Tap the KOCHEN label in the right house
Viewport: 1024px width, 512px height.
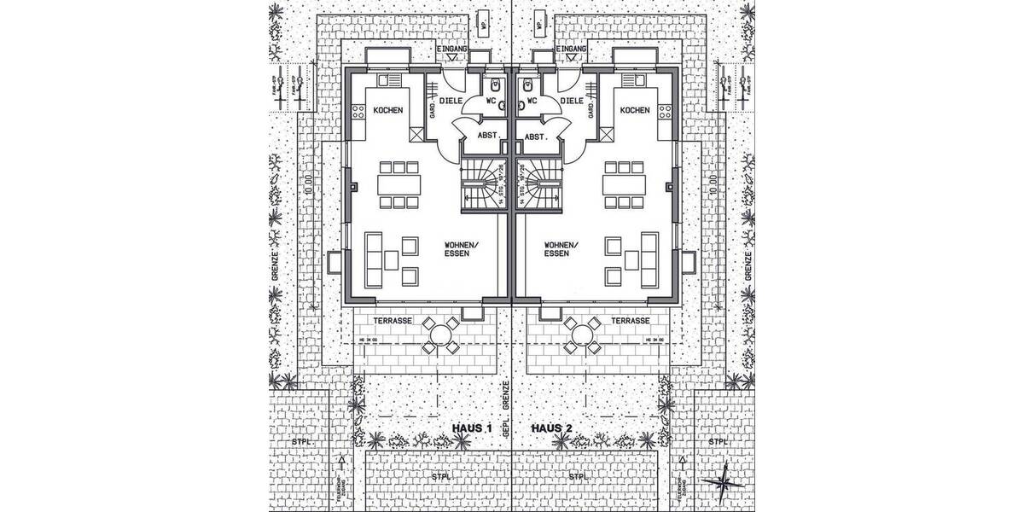click(634, 110)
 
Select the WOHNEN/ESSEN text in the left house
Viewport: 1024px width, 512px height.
click(462, 249)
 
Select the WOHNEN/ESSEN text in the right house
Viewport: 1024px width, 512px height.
click(560, 249)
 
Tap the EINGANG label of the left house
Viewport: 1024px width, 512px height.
click(451, 50)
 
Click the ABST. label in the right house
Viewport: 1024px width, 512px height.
click(536, 137)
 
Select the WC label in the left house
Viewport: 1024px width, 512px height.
click(492, 100)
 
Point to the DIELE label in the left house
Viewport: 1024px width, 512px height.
click(451, 100)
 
